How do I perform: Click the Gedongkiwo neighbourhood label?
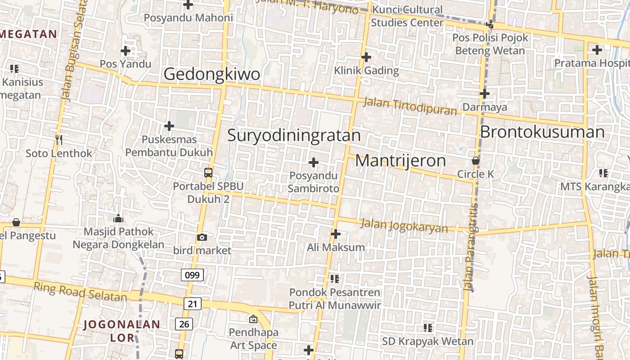(x=211, y=74)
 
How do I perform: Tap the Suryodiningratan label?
(x=294, y=135)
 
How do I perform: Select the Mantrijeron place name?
(x=400, y=161)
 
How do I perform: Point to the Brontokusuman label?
(x=542, y=132)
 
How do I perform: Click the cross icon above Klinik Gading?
(x=366, y=57)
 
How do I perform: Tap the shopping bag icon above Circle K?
(x=475, y=161)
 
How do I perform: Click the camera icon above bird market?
(x=202, y=237)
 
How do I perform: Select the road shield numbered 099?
(x=192, y=274)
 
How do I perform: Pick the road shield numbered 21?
(x=192, y=304)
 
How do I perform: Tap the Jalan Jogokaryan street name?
(x=405, y=225)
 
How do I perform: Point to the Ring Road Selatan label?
(x=80, y=292)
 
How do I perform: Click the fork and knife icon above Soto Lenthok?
(x=58, y=140)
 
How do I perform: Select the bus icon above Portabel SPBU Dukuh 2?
(x=208, y=172)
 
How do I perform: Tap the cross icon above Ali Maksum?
(x=336, y=234)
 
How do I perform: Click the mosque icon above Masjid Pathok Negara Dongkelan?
(x=118, y=219)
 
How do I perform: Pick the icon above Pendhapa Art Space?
(x=253, y=319)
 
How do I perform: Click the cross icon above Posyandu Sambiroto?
(x=314, y=162)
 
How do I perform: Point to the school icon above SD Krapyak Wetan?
(x=427, y=328)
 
